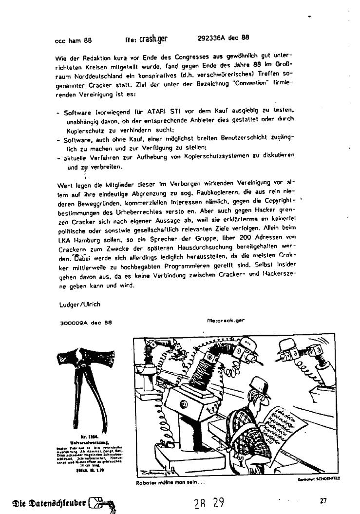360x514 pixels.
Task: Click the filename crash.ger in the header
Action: (153, 38)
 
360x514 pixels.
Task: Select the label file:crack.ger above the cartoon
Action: (225, 321)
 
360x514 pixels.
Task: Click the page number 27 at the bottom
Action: (323, 500)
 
